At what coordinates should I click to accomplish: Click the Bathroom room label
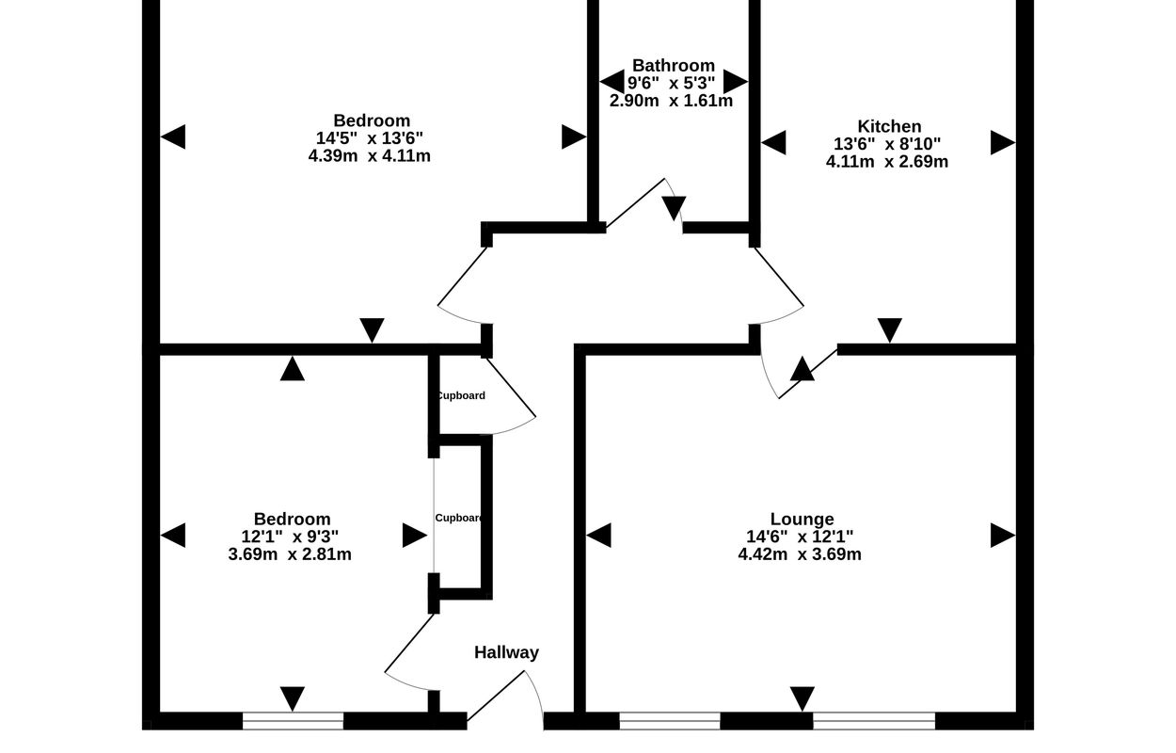[x=673, y=66]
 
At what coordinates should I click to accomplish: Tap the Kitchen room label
[x=889, y=126]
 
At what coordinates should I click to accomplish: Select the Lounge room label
[x=802, y=519]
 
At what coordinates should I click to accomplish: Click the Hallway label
[x=506, y=652]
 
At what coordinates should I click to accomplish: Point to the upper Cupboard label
[x=461, y=395]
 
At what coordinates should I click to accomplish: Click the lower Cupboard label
[x=460, y=518]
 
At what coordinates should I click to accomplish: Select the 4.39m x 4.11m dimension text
[x=370, y=156]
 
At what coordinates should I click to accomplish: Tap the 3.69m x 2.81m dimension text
[x=290, y=554]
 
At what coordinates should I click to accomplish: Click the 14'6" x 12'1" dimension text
[x=800, y=537]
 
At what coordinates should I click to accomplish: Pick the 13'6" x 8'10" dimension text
[x=887, y=144]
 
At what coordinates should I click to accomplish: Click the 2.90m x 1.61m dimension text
[x=671, y=101]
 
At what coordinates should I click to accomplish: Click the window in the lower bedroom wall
[x=293, y=721]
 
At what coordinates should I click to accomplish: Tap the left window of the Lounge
[x=669, y=721]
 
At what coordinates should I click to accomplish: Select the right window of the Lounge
[x=874, y=721]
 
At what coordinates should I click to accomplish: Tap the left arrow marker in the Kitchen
[x=773, y=143]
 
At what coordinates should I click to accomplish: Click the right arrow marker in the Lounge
[x=1003, y=536]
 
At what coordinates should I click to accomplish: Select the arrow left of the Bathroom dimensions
[x=612, y=82]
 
